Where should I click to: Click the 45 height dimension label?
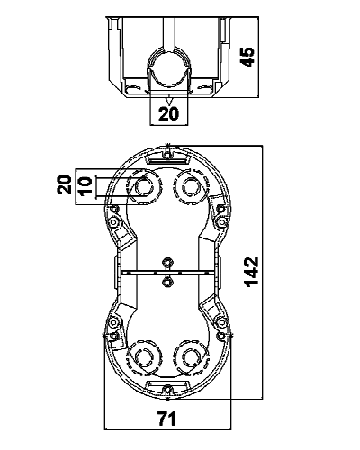tap(247, 57)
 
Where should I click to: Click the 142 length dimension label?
tap(251, 272)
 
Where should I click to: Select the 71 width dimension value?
tap(167, 418)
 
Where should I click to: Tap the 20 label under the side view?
tap(169, 113)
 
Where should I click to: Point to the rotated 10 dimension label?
tap(85, 187)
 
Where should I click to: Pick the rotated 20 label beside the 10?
tap(64, 184)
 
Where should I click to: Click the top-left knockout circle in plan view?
tap(145, 187)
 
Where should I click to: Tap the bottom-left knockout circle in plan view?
tap(144, 357)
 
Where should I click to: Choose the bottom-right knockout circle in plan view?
tap(191, 357)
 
